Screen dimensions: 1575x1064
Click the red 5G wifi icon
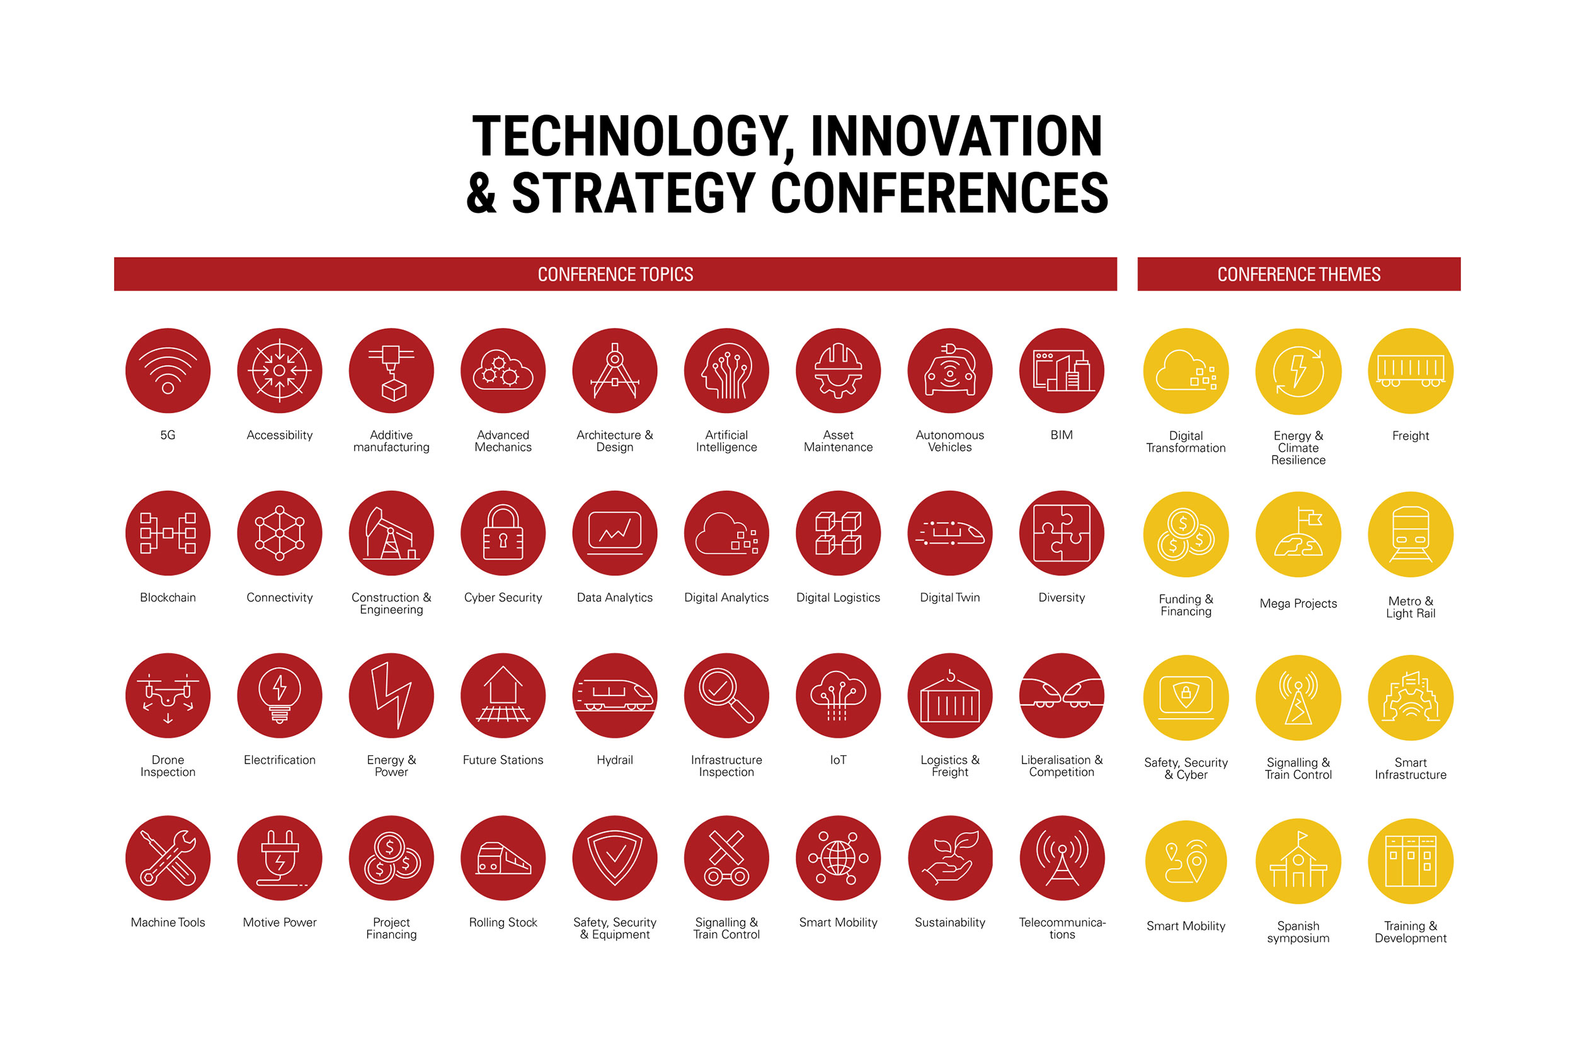pyautogui.click(x=168, y=370)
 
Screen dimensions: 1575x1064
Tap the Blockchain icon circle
pyautogui.click(x=168, y=534)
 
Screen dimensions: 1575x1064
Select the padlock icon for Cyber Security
pyautogui.click(x=503, y=534)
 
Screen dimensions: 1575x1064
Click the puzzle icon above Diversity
pyautogui.click(x=1062, y=534)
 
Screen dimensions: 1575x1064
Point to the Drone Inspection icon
pyautogui.click(x=168, y=696)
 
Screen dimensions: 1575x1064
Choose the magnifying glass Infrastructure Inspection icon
pyautogui.click(x=726, y=696)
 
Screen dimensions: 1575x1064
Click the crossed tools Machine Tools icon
pyautogui.click(x=168, y=859)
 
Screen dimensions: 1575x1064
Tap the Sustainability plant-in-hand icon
pyautogui.click(x=950, y=859)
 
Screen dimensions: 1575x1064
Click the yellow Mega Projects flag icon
pyautogui.click(x=1298, y=535)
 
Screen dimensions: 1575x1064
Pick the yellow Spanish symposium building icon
pyautogui.click(x=1298, y=861)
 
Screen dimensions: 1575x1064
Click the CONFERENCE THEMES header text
pyautogui.click(x=1298, y=275)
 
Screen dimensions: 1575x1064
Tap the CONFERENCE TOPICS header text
pyautogui.click(x=616, y=275)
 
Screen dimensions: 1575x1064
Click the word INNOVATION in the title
pyautogui.click(x=956, y=136)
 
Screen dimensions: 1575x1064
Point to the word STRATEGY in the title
pyautogui.click(x=634, y=193)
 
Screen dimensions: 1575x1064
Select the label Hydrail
pyautogui.click(x=615, y=760)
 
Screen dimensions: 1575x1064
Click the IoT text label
pyautogui.click(x=839, y=760)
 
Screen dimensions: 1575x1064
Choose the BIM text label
pyautogui.click(x=1062, y=435)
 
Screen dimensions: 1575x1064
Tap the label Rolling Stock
pyautogui.click(x=503, y=922)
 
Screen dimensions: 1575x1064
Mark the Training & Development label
pyautogui.click(x=1411, y=932)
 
